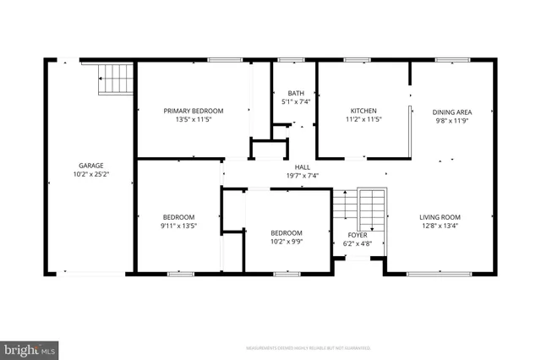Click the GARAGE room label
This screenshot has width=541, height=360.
pyautogui.click(x=91, y=166)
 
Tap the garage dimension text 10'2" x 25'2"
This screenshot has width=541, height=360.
pyautogui.click(x=91, y=175)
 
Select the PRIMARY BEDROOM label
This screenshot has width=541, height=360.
pyautogui.click(x=194, y=111)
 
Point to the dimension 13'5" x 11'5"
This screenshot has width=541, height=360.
pyautogui.click(x=194, y=120)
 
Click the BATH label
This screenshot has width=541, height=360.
pyautogui.click(x=295, y=93)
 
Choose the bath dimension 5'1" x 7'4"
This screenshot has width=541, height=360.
pyautogui.click(x=295, y=101)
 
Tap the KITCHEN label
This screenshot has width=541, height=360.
pyautogui.click(x=363, y=111)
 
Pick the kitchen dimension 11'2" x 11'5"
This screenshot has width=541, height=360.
pyautogui.click(x=363, y=120)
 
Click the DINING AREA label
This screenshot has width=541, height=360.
pyautogui.click(x=451, y=112)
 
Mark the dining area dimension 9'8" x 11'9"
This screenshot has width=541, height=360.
pyautogui.click(x=451, y=120)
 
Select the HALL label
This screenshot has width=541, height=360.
pyautogui.click(x=302, y=167)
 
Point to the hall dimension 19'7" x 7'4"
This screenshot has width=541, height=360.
pyautogui.click(x=302, y=176)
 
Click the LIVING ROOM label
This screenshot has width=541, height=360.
pyautogui.click(x=440, y=217)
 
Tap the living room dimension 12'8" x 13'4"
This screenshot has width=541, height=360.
pyautogui.click(x=440, y=226)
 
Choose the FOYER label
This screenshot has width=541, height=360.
pyautogui.click(x=358, y=235)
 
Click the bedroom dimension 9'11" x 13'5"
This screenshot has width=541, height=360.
pyautogui.click(x=178, y=226)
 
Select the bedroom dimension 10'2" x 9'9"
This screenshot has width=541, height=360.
pyautogui.click(x=287, y=242)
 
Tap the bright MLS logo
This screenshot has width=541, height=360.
pyautogui.click(x=30, y=348)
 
